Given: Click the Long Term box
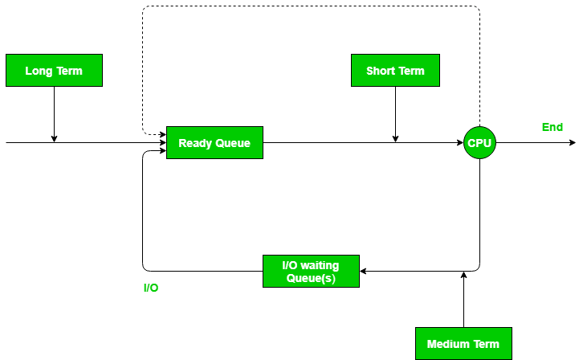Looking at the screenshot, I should [x=54, y=71].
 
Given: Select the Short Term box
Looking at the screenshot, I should [x=395, y=71].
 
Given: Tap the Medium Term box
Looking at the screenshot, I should [x=463, y=344].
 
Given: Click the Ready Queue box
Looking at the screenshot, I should [x=214, y=143].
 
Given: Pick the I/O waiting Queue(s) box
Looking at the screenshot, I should [x=311, y=271].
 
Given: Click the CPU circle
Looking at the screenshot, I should [x=479, y=143].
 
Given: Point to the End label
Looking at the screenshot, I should [x=552, y=127].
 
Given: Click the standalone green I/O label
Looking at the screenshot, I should [x=150, y=288].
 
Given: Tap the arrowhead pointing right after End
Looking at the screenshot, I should [x=572, y=143].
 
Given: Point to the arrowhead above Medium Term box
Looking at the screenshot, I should [x=464, y=276].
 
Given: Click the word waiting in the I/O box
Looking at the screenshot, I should [x=320, y=264].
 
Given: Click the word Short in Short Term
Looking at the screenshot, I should [x=381, y=71].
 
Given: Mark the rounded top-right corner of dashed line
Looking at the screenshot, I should [x=477, y=9].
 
